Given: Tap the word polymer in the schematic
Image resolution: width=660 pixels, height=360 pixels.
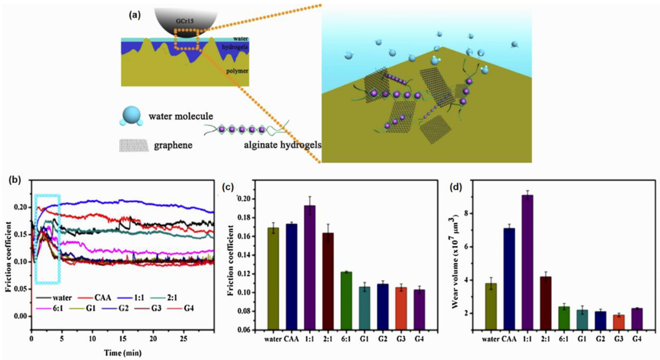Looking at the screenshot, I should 237,71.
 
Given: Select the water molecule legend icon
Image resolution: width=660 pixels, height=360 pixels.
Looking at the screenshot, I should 131,116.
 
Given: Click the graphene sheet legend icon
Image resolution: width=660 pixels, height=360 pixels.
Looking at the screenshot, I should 134,145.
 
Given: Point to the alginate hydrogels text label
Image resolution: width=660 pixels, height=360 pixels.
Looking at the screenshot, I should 283,145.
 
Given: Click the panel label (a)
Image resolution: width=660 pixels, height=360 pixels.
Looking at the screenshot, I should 135,15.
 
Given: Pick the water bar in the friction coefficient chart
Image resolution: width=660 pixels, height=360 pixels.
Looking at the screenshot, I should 273,278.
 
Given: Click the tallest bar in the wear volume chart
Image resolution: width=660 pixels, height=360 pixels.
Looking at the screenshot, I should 527,262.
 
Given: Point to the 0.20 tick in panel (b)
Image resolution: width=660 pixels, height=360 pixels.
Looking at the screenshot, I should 21,207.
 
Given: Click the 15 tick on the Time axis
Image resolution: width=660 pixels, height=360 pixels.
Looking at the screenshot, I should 123,339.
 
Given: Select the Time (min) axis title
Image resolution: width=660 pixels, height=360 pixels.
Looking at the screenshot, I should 123,353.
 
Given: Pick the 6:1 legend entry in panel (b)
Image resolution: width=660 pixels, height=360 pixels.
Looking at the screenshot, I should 57,308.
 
